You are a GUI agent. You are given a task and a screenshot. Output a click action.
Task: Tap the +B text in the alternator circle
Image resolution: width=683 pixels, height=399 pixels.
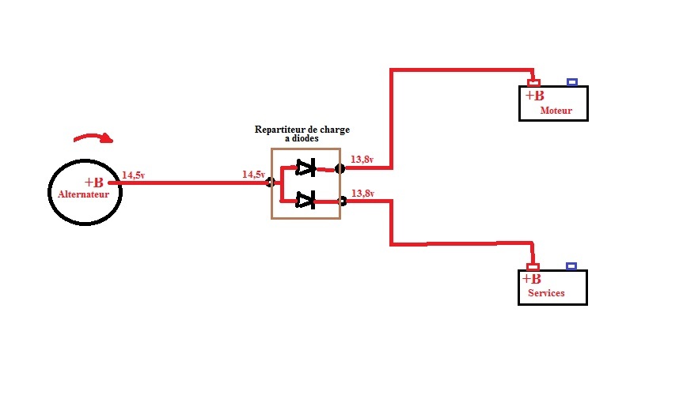pyautogui.click(x=93, y=183)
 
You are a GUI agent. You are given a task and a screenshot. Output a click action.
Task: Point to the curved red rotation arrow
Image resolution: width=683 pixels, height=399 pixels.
pyautogui.click(x=93, y=139)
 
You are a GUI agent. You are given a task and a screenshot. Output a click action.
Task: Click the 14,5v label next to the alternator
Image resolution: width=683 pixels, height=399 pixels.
pyautogui.click(x=133, y=175)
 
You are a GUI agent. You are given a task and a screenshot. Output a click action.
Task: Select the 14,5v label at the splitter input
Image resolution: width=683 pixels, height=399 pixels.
pyautogui.click(x=252, y=174)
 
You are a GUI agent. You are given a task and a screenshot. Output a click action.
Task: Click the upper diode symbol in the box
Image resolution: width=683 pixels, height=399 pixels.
pyautogui.click(x=305, y=168)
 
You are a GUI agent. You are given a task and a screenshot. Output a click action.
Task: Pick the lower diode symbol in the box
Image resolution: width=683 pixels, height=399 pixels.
pyautogui.click(x=305, y=201)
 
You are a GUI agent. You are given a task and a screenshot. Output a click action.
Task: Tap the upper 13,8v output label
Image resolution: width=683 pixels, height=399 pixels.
pyautogui.click(x=362, y=160)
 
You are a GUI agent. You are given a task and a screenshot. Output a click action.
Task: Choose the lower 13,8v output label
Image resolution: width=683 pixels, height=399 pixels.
pyautogui.click(x=362, y=193)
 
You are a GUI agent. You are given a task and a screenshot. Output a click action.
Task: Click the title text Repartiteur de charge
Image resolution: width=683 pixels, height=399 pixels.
pyautogui.click(x=302, y=129)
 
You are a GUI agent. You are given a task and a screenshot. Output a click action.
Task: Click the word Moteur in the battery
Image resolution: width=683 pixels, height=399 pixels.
pyautogui.click(x=556, y=111)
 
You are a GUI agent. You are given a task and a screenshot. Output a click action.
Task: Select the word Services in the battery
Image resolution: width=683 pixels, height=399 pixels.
pyautogui.click(x=546, y=293)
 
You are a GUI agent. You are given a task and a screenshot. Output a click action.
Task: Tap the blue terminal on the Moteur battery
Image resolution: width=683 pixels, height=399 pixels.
pyautogui.click(x=572, y=81)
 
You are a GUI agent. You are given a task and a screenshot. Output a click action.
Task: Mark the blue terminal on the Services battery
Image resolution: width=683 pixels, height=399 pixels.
pyautogui.click(x=571, y=266)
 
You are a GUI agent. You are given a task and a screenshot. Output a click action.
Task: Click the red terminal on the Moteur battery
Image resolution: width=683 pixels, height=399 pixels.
pyautogui.click(x=534, y=82)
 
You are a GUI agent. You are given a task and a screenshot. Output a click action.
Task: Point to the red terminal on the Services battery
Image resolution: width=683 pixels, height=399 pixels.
pyautogui.click(x=533, y=267)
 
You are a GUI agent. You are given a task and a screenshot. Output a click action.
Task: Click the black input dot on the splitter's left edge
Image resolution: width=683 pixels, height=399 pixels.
pyautogui.click(x=271, y=183)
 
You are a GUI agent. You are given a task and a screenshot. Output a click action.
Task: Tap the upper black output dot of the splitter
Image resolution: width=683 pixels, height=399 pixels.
pyautogui.click(x=340, y=168)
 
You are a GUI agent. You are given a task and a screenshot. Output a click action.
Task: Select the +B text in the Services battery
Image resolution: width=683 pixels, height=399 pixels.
pyautogui.click(x=532, y=279)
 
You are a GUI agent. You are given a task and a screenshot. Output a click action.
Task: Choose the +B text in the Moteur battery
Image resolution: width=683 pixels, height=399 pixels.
pyautogui.click(x=534, y=96)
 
